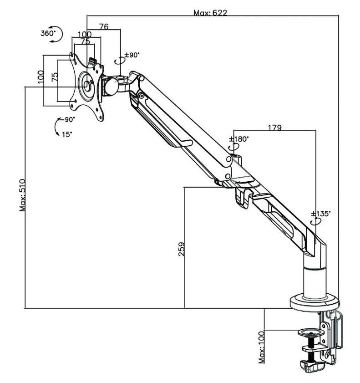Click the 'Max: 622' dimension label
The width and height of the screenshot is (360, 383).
pyautogui.click(x=210, y=13)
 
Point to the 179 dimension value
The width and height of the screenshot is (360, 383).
pyautogui.click(x=274, y=128)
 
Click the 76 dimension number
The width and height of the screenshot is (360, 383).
pyautogui.click(x=103, y=27)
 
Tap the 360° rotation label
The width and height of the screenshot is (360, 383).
pyautogui.click(x=48, y=33)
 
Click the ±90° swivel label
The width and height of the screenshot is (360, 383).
pyautogui.click(x=132, y=55)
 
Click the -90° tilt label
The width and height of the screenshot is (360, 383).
pyautogui.click(x=68, y=119)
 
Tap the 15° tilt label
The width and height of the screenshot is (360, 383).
pyautogui.click(x=67, y=134)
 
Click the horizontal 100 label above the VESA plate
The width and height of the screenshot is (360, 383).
pyautogui.click(x=84, y=35)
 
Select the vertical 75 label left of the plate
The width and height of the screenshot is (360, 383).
pyautogui.click(x=54, y=77)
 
